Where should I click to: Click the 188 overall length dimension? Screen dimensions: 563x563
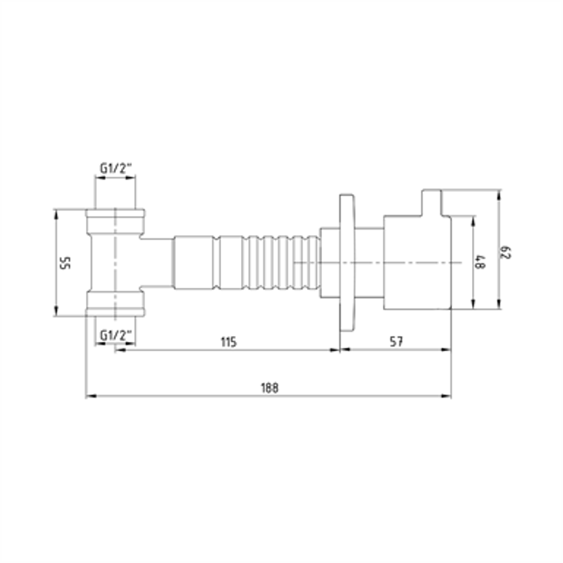click(x=269, y=387)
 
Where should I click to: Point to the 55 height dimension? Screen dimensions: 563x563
click(x=64, y=263)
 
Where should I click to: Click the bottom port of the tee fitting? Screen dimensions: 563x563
click(x=117, y=304)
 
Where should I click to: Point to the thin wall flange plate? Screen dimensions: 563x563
click(x=347, y=263)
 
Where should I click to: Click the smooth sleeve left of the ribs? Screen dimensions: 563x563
click(x=194, y=263)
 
